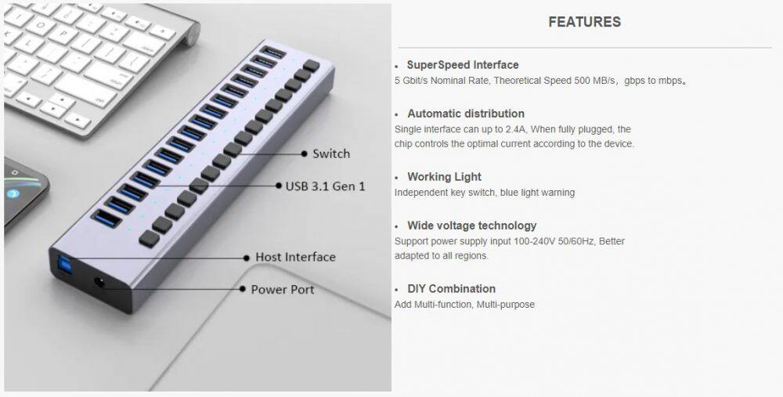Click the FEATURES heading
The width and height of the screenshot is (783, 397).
(584, 22)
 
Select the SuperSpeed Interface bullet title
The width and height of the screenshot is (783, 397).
(463, 65)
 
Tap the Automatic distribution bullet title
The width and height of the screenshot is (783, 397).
(465, 114)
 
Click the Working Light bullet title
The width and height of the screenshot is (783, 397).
(444, 177)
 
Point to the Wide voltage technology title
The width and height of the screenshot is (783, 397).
(471, 226)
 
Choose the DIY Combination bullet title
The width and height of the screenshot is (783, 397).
(451, 289)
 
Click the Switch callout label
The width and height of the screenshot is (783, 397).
(331, 153)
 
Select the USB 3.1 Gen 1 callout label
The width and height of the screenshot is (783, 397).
(325, 186)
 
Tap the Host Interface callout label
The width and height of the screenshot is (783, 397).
(295, 257)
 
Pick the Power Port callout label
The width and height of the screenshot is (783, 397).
(283, 290)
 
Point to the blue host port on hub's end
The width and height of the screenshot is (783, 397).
(60, 263)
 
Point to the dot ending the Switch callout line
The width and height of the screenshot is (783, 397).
(304, 153)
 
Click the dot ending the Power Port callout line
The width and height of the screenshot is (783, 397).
(242, 289)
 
